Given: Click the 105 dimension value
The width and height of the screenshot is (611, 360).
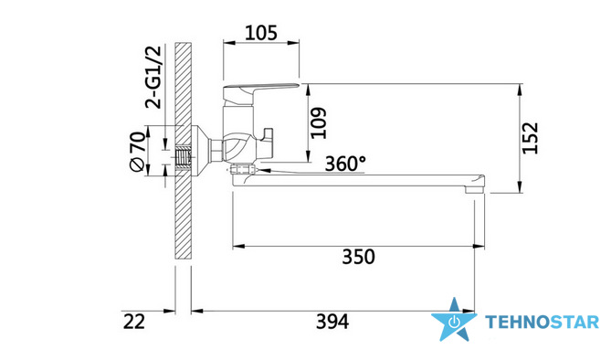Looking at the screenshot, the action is (x=261, y=33).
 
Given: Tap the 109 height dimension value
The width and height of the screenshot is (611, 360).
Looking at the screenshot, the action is (x=319, y=122).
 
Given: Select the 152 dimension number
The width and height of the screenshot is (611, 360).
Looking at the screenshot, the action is (x=530, y=138).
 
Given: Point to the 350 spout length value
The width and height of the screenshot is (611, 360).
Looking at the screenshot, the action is (x=359, y=257).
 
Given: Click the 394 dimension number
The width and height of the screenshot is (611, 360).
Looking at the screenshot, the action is (x=332, y=322).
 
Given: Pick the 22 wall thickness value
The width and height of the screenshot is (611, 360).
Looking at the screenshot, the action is (x=134, y=322).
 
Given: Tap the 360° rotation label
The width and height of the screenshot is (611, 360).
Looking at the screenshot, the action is (x=345, y=164).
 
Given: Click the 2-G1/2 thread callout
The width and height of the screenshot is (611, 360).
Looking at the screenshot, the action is (x=153, y=78).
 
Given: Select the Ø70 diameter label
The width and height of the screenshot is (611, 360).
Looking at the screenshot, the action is (x=138, y=152).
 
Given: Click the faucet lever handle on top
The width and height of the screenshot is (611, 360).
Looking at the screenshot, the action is (x=260, y=90).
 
